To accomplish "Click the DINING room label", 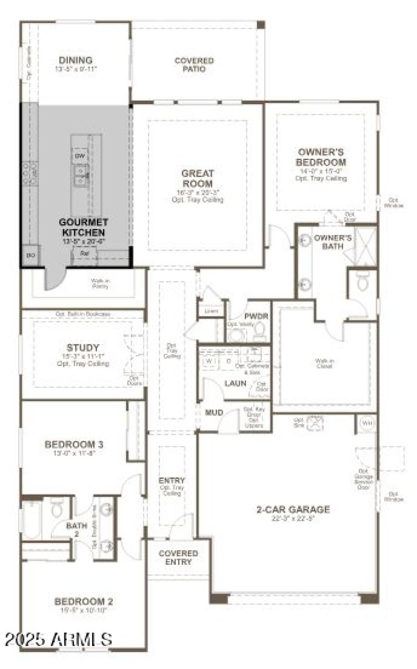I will (76, 60).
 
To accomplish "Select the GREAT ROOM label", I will (198, 179).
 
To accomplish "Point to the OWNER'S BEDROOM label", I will (321, 157).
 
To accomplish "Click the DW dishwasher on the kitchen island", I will (79, 156).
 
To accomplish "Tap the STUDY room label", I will (83, 348).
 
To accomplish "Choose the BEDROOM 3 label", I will (73, 444).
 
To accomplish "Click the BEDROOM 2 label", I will (84, 602).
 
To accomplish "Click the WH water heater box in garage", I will (367, 423).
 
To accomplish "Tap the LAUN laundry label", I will (236, 383).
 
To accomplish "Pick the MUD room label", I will (214, 413).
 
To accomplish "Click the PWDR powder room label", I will (256, 316).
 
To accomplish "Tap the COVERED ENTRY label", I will (178, 557).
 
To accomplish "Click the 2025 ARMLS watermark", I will (57, 639).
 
